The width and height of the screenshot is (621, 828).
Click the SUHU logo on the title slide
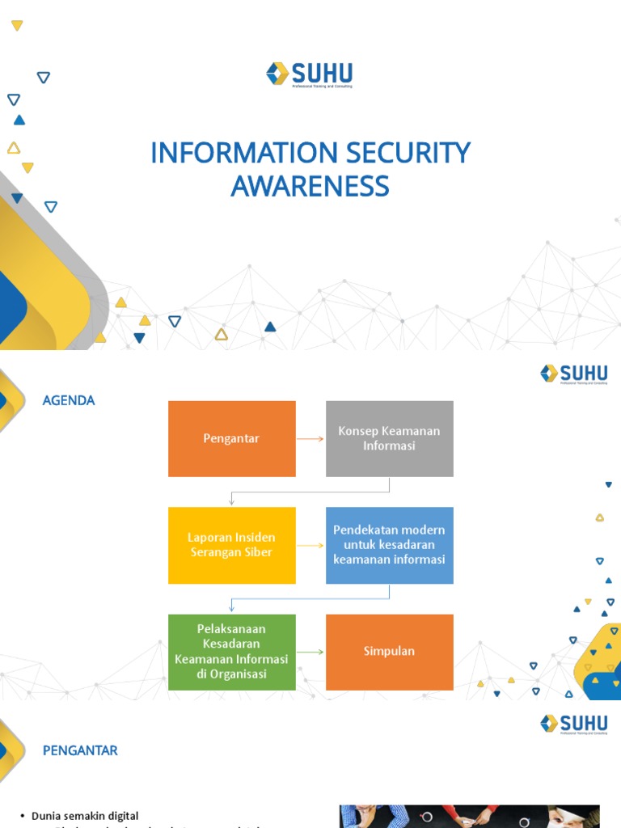pos(310,74)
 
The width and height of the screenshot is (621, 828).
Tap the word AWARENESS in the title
pos(310,186)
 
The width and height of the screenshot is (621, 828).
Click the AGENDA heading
pos(69,400)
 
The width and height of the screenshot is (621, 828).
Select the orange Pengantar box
pos(231,438)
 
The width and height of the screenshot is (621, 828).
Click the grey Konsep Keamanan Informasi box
pos(389,438)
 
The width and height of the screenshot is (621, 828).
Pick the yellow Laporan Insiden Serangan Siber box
pos(231,545)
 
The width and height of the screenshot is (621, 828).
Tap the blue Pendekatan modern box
pos(389,545)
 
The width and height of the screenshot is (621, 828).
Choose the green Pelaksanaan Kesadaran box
pos(231,652)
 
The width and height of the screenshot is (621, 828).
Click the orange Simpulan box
pos(389,652)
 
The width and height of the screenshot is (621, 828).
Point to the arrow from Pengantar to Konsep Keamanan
pos(310,439)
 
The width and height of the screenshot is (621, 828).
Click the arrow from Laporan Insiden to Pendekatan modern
pos(310,546)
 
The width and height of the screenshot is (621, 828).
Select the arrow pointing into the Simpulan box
pos(310,652)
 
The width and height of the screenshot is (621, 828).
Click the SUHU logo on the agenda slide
pos(574,374)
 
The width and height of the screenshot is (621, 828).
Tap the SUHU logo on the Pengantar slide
pos(574,723)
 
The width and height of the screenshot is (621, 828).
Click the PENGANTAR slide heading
pos(80,750)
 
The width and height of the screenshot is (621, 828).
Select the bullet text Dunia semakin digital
pos(85,816)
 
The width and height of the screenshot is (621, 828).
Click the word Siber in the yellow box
pos(257,552)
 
